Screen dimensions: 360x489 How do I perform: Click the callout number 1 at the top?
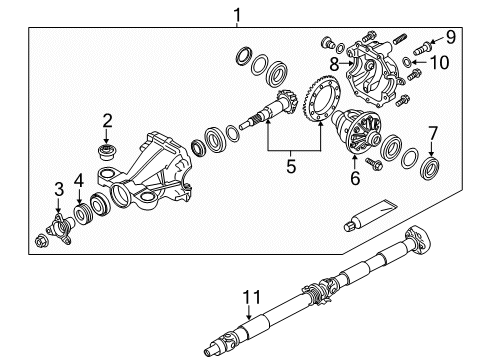point(236,14)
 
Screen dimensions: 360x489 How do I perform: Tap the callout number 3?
point(59,188)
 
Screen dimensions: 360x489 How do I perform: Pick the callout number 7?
point(433,132)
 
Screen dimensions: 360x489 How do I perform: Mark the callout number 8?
point(348,62)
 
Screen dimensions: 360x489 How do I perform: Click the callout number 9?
point(450,37)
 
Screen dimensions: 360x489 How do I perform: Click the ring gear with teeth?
point(322,116)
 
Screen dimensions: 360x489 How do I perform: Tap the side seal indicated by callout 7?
point(432,163)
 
